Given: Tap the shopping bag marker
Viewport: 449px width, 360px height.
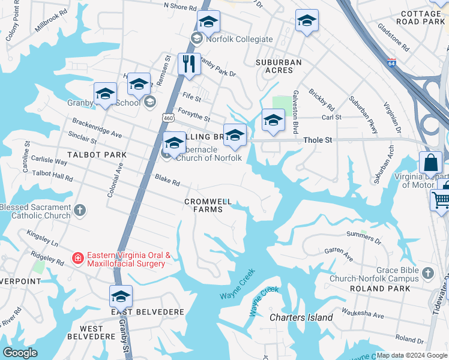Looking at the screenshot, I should [431, 163].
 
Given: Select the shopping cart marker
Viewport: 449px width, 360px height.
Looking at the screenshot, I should [442, 197].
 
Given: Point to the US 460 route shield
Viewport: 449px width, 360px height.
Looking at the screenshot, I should [167, 118].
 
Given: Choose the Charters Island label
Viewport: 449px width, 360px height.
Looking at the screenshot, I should [301, 317].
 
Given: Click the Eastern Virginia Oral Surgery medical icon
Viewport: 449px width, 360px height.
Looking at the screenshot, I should [77, 258].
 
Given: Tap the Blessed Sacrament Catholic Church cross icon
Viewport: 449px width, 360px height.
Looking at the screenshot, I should [80, 211].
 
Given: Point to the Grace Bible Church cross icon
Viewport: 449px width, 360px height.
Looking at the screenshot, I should [427, 274].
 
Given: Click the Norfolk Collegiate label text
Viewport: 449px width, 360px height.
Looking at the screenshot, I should [240, 40].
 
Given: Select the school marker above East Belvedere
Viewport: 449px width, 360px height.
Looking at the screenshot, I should [121, 297].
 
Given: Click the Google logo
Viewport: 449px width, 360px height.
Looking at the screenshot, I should [20, 353].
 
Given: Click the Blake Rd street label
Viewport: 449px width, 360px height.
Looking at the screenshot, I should [167, 179].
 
